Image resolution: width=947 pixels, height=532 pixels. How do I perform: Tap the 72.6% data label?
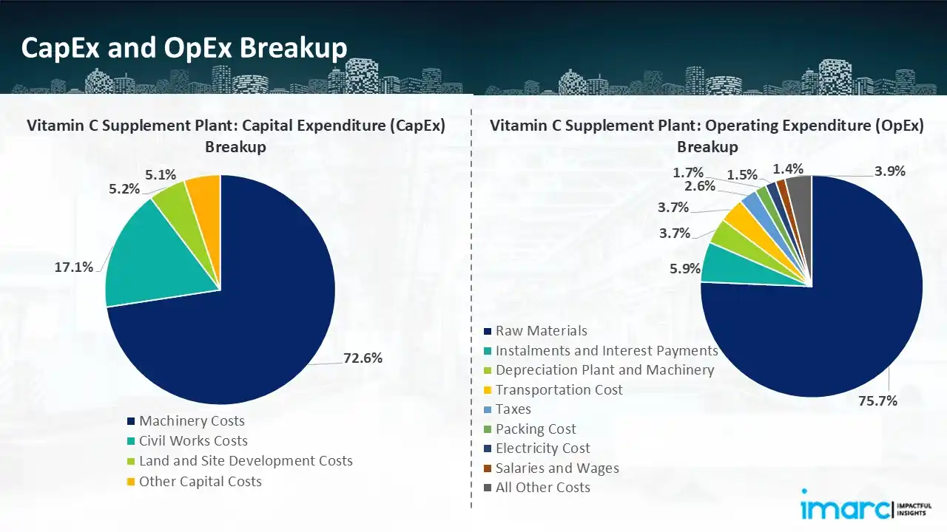click(363, 358)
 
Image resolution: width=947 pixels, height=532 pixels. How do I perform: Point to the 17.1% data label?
click(74, 267)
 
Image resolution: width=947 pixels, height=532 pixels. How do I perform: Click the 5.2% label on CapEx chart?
click(124, 188)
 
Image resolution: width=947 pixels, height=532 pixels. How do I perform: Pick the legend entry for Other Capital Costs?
click(200, 481)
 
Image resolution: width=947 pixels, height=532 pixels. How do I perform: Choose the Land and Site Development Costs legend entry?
click(246, 461)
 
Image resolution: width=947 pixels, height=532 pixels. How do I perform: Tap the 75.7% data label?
click(878, 400)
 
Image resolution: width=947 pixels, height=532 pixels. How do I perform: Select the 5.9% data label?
click(684, 269)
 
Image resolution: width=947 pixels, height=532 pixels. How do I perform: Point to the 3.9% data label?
click(889, 171)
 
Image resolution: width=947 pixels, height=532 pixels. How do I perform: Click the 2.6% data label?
click(699, 186)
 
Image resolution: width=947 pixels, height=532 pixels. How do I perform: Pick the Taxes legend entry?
click(513, 409)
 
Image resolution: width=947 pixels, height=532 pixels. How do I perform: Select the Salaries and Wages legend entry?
click(556, 468)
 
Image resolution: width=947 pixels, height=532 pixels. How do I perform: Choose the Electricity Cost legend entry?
click(542, 449)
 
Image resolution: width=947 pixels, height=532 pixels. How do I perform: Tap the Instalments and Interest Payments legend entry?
click(606, 351)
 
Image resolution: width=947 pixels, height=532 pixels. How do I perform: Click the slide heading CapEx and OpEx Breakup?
click(184, 48)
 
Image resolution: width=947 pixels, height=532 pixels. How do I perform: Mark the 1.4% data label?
click(788, 169)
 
